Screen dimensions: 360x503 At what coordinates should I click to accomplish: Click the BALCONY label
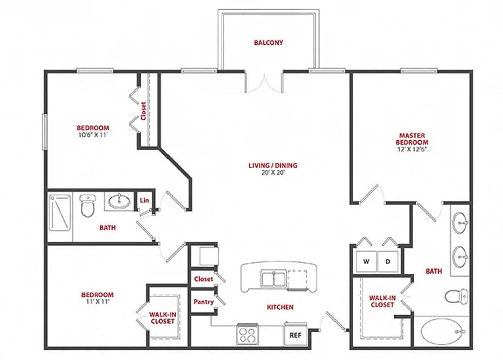coord(268,43)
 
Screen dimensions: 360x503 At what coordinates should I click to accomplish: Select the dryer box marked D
coord(388,261)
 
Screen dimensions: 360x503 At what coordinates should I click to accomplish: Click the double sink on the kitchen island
coord(273,278)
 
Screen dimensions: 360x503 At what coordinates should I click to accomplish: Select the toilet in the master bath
coord(456,295)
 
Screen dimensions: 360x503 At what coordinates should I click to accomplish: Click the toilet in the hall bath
coord(88,206)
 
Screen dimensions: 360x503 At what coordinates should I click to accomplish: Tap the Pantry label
coord(204,302)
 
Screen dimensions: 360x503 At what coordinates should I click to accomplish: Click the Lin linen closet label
coord(144,200)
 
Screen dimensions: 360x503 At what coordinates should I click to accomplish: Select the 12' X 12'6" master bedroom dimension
coord(412,149)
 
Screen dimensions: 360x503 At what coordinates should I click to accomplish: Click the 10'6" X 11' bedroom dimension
coord(93,135)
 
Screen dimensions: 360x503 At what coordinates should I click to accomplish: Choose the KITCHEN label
coord(280,307)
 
